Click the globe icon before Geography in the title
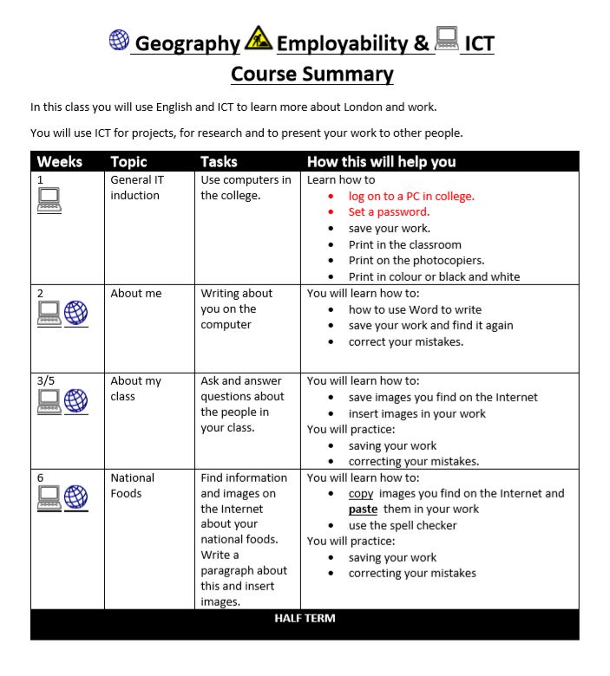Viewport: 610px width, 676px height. pos(119,40)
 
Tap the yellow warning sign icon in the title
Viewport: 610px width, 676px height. pos(259,38)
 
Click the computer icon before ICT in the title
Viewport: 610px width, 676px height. pos(447,38)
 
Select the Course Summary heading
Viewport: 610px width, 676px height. pos(312,75)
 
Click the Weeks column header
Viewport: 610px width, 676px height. pos(60,162)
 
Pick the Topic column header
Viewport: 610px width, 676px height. pos(128,162)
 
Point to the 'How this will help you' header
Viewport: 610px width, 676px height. pos(381,162)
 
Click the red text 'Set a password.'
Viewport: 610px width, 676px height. pos(389,212)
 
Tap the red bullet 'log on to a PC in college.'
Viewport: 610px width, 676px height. pos(411,196)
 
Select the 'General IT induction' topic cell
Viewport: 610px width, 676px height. pos(136,187)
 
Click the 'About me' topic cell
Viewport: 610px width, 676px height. pos(135,293)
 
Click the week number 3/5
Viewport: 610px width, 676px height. pos(47,380)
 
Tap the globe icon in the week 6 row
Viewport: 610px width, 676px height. pos(76,497)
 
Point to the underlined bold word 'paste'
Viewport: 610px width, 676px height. pos(363,510)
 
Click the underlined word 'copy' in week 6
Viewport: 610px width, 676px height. pos(361,493)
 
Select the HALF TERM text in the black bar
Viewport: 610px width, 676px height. pos(305,618)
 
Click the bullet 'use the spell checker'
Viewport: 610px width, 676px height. pos(402,525)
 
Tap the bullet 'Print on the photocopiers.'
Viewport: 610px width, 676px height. pos(417,260)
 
